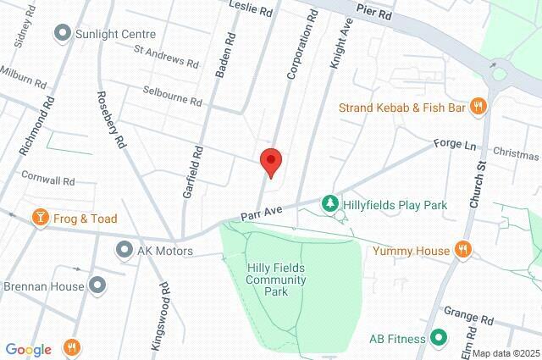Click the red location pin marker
[x=270, y=161]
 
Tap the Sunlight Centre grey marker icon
[x=62, y=35]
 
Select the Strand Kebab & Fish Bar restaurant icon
[x=479, y=107]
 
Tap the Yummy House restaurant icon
[x=462, y=249]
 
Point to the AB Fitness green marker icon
[x=439, y=339]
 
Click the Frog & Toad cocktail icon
[x=39, y=219]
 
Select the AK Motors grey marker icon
[x=124, y=251]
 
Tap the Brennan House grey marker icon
[x=98, y=286]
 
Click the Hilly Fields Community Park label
[x=276, y=280]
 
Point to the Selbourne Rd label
[x=172, y=96]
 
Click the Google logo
[x=28, y=349]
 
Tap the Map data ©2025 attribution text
[x=505, y=353]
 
